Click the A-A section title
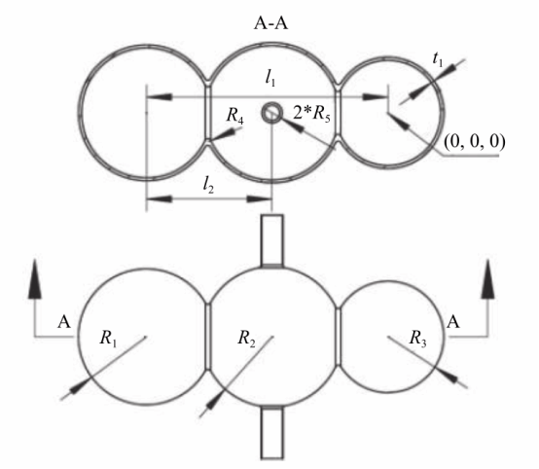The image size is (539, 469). tap(270, 23)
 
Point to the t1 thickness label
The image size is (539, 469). tap(438, 59)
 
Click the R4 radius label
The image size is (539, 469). tap(235, 115)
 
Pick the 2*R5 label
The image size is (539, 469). tap(311, 113)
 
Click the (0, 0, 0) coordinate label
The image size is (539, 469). tap(475, 141)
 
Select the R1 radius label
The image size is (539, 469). tap(108, 338)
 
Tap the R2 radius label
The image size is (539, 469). tap(246, 338)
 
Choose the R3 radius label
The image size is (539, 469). tap(417, 338)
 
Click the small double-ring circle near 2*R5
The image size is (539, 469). tap(272, 113)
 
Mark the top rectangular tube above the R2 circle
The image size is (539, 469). tap(272, 241)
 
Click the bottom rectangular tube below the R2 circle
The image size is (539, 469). tap(272, 433)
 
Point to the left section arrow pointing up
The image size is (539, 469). tap(35, 279)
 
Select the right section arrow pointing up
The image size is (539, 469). tap(487, 279)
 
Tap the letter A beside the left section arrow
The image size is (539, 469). tap(64, 322)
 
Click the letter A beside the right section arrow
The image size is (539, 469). tap(453, 322)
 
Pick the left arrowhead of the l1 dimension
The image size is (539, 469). tap(160, 97)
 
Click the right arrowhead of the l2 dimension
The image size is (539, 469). tap(259, 198)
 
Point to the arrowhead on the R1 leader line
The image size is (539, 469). tap(80, 386)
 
